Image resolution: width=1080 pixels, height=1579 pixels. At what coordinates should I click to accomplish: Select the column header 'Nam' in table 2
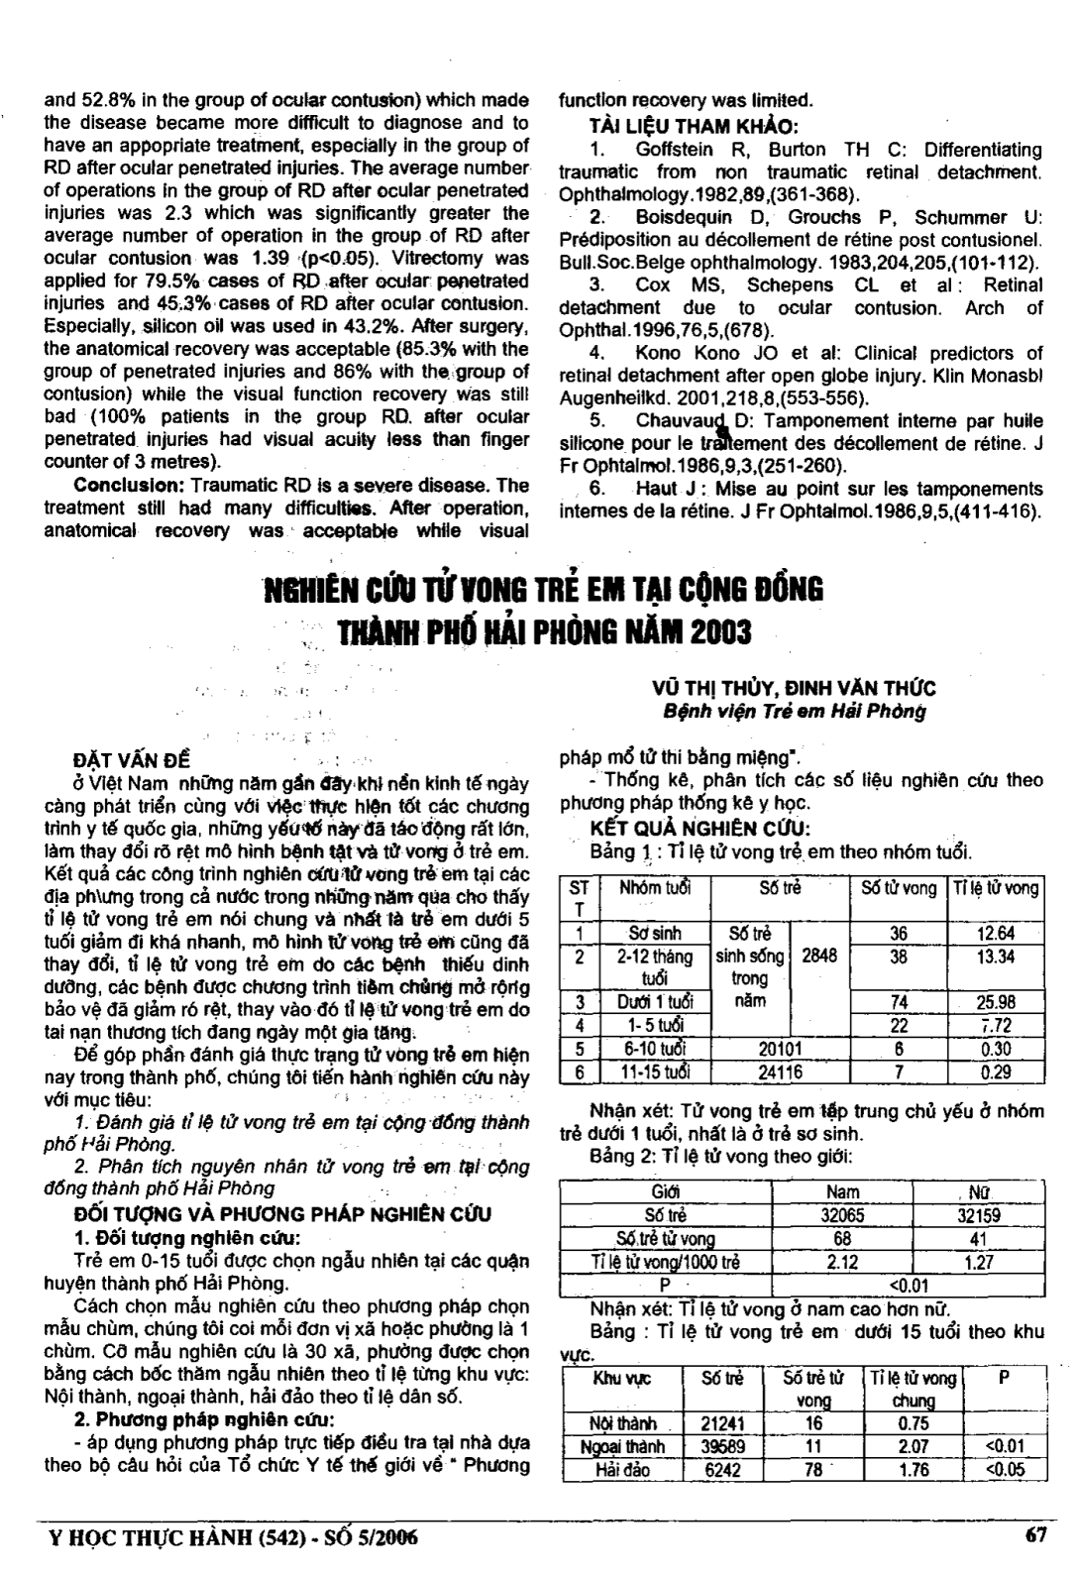pos(842,1192)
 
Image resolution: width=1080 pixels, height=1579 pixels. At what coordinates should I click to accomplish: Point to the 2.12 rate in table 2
pos(842,1262)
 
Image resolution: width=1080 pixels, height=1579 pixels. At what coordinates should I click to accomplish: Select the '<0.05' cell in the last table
pos(1005,1470)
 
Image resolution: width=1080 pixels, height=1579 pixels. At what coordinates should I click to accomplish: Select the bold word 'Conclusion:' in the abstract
pos(120,486)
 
